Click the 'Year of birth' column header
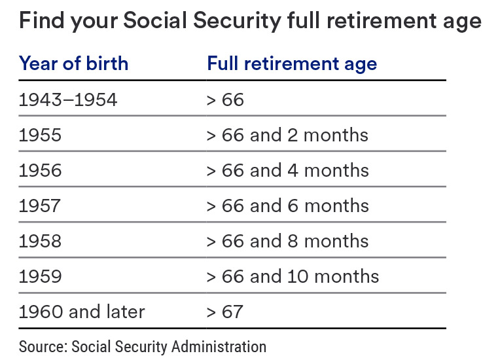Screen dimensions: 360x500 pos(73,63)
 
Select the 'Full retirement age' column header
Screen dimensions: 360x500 pos(292,63)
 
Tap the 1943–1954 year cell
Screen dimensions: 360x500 pos(68,99)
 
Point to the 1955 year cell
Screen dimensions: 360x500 pos(41,135)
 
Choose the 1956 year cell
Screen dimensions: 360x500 pos(41,170)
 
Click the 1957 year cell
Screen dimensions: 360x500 pos(41,206)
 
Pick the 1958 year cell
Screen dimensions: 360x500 pos(41,241)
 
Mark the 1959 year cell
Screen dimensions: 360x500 pos(41,276)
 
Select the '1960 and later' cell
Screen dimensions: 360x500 pos(82,312)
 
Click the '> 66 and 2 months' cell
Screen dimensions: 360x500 pos(288,135)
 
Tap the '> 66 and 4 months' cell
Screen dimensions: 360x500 pos(288,170)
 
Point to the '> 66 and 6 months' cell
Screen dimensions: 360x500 pos(288,206)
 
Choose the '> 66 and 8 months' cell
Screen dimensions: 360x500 pos(288,241)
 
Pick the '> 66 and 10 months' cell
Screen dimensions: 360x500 pos(293,276)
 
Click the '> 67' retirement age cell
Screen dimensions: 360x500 pos(225,312)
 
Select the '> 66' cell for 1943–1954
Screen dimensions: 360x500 pos(225,99)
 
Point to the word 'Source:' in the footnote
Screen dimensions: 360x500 pos(43,346)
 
